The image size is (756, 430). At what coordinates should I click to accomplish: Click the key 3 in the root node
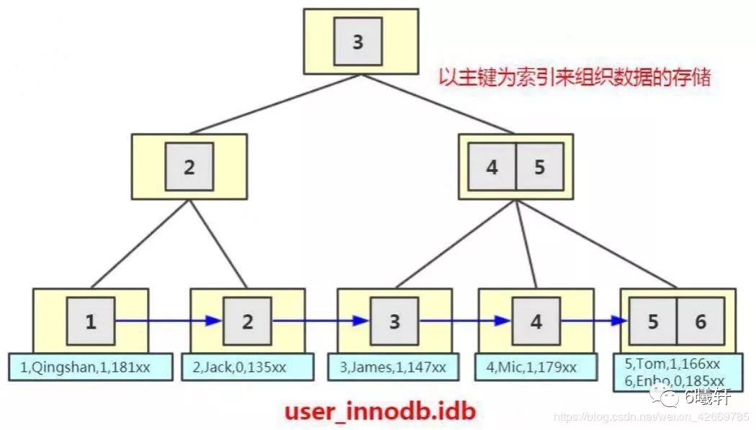tap(358, 42)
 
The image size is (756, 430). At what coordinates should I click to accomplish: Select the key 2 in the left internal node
tap(189, 167)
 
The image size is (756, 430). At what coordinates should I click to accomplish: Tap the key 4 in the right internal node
tap(492, 167)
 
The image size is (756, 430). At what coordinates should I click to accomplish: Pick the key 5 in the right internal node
tap(540, 167)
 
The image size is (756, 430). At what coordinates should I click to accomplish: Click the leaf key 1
tap(91, 321)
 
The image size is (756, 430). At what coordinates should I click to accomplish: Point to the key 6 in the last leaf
tap(700, 321)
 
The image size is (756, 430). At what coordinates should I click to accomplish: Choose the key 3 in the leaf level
tap(394, 321)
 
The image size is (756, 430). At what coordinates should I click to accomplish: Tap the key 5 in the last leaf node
tap(652, 321)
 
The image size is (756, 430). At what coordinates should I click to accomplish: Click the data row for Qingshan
tap(91, 367)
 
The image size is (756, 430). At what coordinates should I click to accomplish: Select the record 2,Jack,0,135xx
tap(239, 367)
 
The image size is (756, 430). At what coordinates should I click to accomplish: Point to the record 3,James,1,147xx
tap(393, 367)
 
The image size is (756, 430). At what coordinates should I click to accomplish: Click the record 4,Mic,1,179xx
tap(535, 367)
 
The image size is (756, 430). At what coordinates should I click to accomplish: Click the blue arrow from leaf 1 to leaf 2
tap(168, 321)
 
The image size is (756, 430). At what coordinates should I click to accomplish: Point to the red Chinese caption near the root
tap(575, 77)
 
